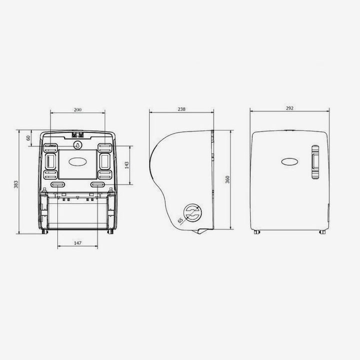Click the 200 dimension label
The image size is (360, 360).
[x=77, y=109]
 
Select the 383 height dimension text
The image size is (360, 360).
[x=16, y=184]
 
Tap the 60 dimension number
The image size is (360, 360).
[x=28, y=138]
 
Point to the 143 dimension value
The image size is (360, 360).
[x=126, y=165]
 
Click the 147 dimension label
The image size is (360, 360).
[x=77, y=243]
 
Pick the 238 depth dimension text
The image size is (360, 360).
[x=181, y=109]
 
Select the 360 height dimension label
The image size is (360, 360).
[x=227, y=179]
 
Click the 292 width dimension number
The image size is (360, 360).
[x=289, y=108]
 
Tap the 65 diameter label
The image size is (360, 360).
[x=180, y=220]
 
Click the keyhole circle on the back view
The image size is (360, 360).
[x=78, y=145]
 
